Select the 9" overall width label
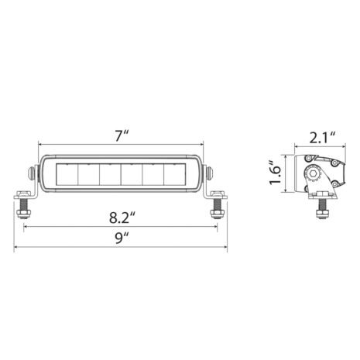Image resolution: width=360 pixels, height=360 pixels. pyautogui.click(x=120, y=238)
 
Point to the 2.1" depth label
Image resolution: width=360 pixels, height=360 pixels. pyautogui.click(x=321, y=139)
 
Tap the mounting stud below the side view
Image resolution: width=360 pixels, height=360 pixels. pyautogui.click(x=321, y=205)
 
